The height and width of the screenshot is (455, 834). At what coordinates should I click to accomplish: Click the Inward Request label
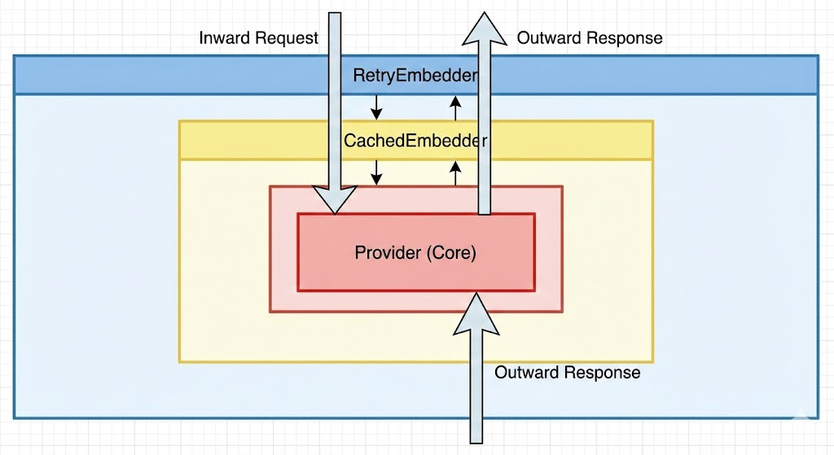(x=258, y=38)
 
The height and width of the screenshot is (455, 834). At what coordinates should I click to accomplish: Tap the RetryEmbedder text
(x=415, y=76)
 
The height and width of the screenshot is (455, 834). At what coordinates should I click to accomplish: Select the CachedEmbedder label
(x=415, y=140)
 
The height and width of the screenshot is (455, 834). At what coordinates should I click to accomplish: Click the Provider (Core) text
(x=415, y=252)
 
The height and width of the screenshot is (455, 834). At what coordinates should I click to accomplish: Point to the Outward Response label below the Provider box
(x=567, y=373)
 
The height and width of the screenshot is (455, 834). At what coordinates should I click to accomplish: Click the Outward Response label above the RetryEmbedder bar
(x=590, y=38)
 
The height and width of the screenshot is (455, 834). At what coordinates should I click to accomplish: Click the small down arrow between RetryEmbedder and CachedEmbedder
(x=375, y=106)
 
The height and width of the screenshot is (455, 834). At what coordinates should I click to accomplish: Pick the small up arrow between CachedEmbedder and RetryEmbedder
(x=455, y=106)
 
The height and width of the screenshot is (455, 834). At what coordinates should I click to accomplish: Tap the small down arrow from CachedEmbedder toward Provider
(x=375, y=172)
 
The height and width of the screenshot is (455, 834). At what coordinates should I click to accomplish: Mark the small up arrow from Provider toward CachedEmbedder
(x=455, y=172)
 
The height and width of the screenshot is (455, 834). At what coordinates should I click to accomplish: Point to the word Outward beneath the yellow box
(x=525, y=373)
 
